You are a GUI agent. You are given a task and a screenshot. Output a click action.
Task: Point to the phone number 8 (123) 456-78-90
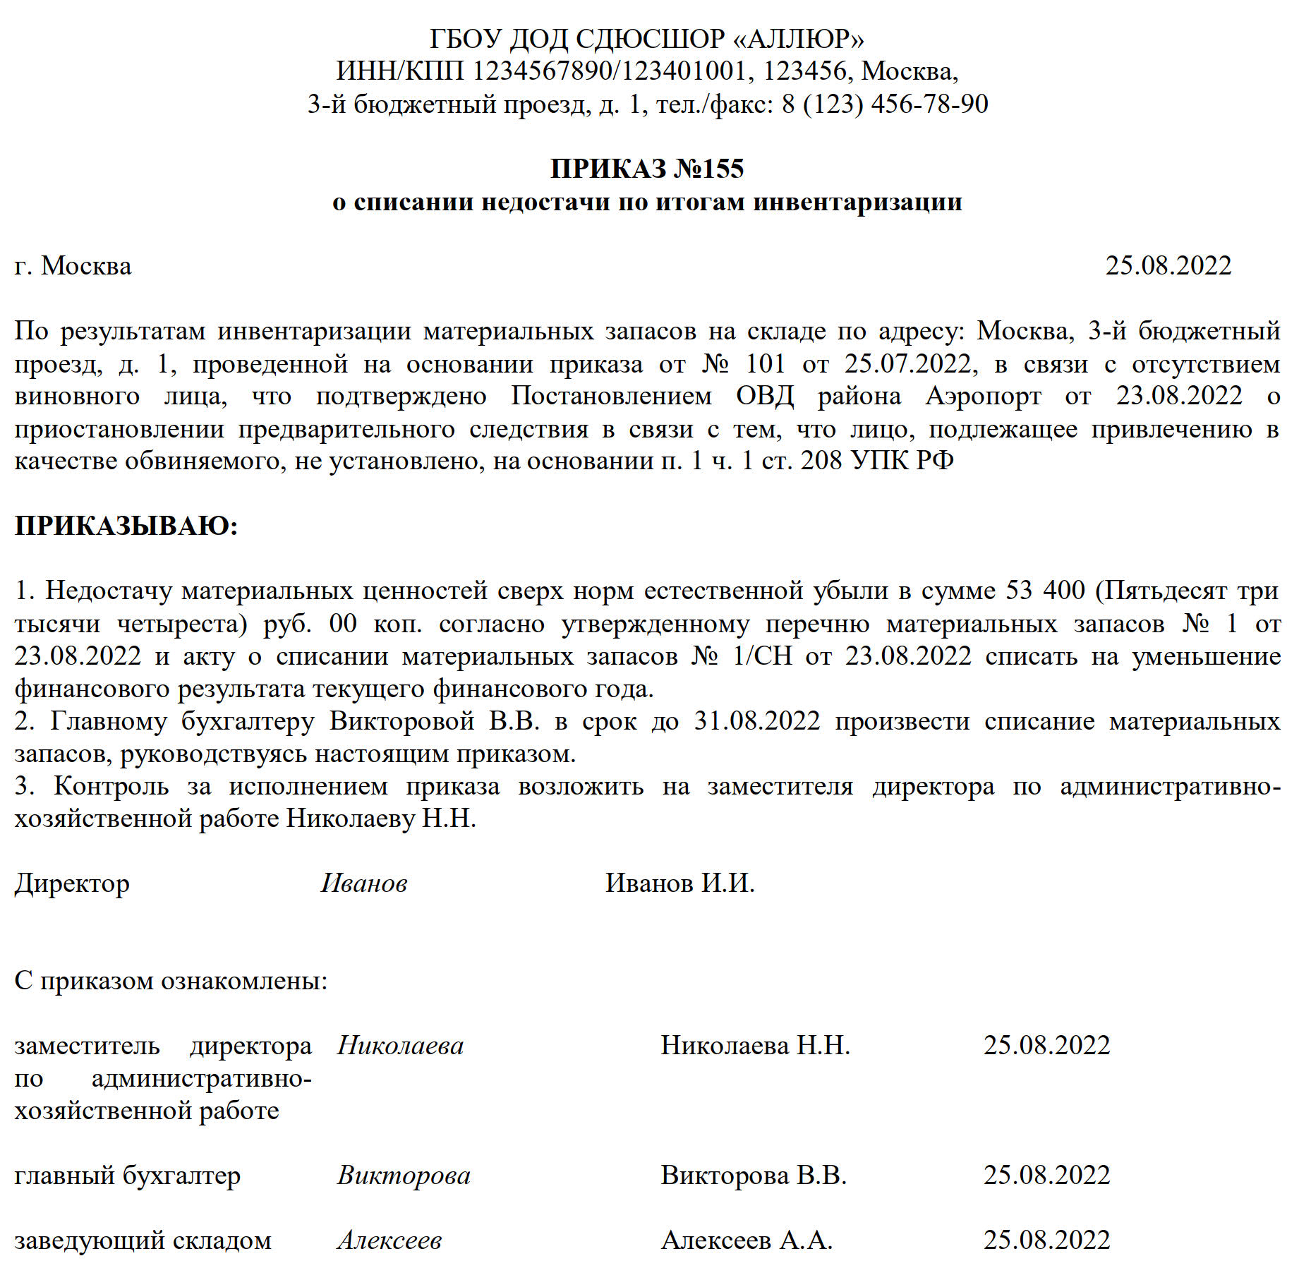pyautogui.click(x=885, y=104)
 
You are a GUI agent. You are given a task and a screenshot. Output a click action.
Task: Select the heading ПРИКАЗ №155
pyautogui.click(x=647, y=169)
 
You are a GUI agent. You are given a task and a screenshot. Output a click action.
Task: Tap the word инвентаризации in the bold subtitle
pyautogui.click(x=858, y=203)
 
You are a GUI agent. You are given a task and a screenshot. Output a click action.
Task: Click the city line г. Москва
pyautogui.click(x=73, y=266)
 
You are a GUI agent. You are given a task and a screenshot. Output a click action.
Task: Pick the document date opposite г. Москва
pyautogui.click(x=1168, y=266)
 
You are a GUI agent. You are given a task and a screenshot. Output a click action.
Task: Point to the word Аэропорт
pyautogui.click(x=983, y=397)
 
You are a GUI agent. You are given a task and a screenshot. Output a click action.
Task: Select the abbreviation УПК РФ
pyautogui.click(x=902, y=461)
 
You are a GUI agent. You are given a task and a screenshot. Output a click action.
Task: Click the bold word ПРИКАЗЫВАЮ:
pyautogui.click(x=126, y=526)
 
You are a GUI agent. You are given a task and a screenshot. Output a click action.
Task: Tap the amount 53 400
pyautogui.click(x=1045, y=591)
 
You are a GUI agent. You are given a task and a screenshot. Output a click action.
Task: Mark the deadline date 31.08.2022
pyautogui.click(x=757, y=721)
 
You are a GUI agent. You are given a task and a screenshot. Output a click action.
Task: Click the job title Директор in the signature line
pyautogui.click(x=72, y=884)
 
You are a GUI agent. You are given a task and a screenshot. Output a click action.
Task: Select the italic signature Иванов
pyautogui.click(x=364, y=884)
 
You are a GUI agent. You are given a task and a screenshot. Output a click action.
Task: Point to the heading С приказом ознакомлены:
pyautogui.click(x=171, y=982)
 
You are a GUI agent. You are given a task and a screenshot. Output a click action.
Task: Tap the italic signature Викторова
pyautogui.click(x=404, y=1176)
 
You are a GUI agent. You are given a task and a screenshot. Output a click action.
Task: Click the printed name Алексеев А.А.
pyautogui.click(x=747, y=1241)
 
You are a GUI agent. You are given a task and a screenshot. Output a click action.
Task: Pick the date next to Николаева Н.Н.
pyautogui.click(x=1046, y=1046)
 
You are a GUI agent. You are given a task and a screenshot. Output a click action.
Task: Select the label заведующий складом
pyautogui.click(x=143, y=1241)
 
